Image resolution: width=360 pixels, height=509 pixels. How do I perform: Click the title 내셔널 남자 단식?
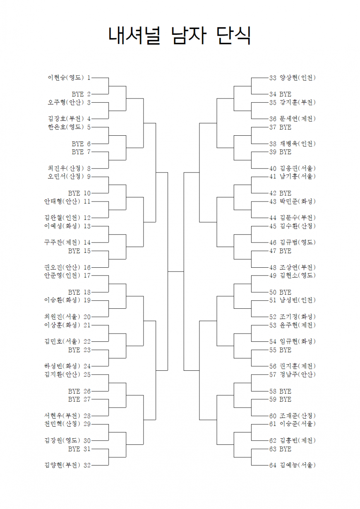180,36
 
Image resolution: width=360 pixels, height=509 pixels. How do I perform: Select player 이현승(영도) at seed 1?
66,78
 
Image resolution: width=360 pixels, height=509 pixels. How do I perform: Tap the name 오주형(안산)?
66,103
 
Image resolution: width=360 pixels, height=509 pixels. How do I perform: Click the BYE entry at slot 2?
78,94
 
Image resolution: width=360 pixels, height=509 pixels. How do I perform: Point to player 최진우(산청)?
66,168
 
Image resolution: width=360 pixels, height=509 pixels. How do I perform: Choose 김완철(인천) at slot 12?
62,218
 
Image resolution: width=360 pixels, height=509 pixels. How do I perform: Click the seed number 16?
87,267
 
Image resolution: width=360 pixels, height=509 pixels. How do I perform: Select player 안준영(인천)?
62,276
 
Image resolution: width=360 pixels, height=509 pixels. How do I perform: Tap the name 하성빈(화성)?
62,366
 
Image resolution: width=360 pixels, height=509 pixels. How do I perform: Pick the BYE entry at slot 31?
74,449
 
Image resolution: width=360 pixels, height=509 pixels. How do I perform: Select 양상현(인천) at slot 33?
298,78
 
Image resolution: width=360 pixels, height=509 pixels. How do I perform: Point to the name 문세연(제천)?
298,119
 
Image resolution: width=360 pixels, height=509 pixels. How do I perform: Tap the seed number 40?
273,168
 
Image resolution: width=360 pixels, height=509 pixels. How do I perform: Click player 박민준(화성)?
298,202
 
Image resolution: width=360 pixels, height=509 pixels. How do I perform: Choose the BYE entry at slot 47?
285,251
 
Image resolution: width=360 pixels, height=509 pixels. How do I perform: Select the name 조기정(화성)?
298,317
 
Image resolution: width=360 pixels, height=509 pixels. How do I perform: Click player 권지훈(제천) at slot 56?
298,366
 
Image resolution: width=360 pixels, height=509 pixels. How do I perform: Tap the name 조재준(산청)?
298,416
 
